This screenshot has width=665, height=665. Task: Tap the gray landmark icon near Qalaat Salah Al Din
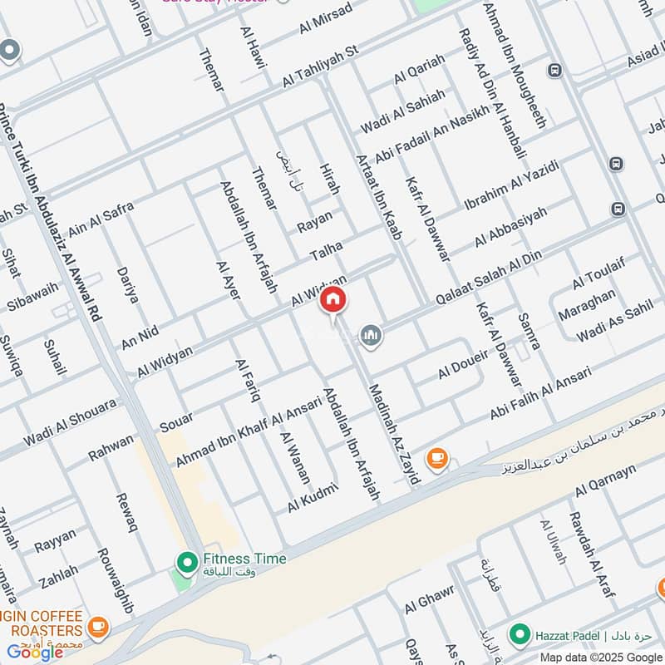point(371,335)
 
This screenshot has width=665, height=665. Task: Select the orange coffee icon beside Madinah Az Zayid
point(436,457)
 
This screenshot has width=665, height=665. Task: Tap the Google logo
point(36,652)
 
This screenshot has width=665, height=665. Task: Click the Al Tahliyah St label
point(320,66)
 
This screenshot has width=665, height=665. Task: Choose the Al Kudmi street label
point(312,497)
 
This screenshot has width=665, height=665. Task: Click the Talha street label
point(327,247)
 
